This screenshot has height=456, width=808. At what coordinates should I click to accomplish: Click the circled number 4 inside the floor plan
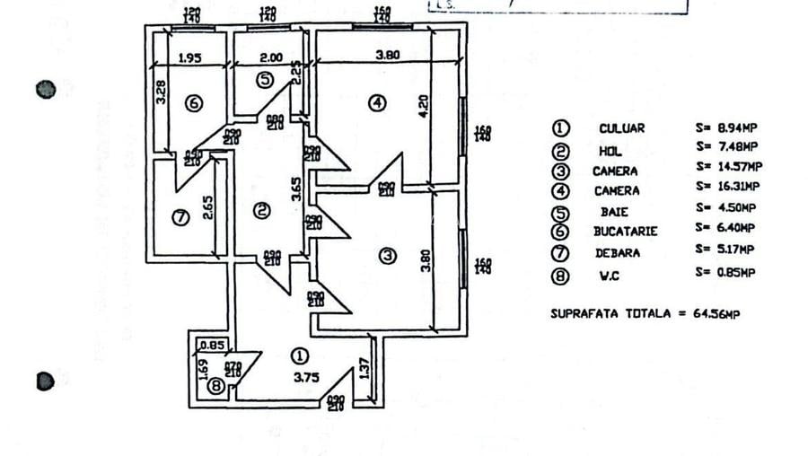[x=378, y=103]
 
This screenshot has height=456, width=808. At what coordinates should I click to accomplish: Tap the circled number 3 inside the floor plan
[x=387, y=256]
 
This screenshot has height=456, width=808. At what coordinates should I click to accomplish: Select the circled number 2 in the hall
[x=261, y=211]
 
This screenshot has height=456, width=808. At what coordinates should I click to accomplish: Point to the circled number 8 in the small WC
[x=215, y=386]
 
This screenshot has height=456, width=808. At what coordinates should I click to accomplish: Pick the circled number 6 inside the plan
[x=193, y=103]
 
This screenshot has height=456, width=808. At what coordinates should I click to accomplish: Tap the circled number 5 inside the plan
[x=264, y=80]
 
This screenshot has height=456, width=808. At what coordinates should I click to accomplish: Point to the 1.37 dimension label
[x=364, y=367]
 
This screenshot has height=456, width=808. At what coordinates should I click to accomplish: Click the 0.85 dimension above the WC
[x=212, y=344]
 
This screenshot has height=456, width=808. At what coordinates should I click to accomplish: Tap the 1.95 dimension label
[x=189, y=57]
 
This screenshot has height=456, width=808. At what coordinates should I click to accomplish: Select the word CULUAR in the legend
[x=621, y=128]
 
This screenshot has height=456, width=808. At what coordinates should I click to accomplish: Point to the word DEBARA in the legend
[x=618, y=253]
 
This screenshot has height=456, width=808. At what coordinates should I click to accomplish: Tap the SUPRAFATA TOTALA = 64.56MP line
[x=646, y=313]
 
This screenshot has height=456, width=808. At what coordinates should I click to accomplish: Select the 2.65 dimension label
[x=207, y=208]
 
